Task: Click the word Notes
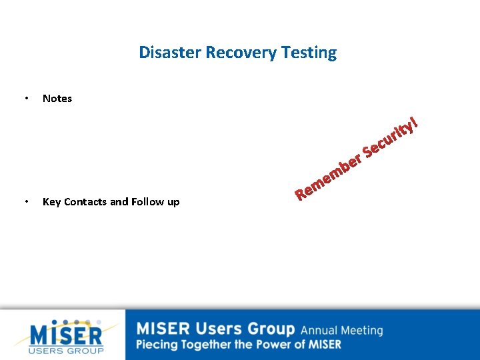click(57, 99)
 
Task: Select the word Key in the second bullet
click(51, 201)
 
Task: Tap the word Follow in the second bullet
click(148, 201)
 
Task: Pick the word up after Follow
click(173, 201)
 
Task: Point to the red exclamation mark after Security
click(415, 121)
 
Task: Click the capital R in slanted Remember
click(301, 194)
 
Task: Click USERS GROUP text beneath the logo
click(67, 350)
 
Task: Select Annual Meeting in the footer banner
click(341, 330)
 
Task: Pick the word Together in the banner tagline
click(203, 345)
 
